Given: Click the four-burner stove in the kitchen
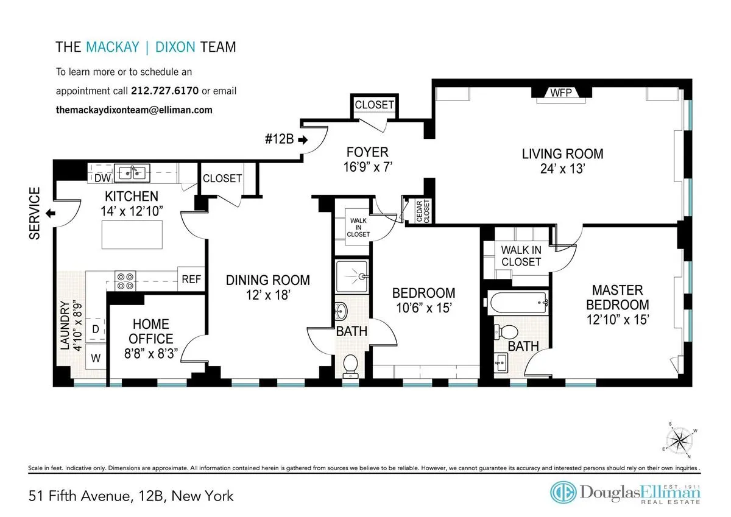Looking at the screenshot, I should [126, 281].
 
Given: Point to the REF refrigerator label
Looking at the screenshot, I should [191, 280].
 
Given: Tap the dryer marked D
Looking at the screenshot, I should [96, 329].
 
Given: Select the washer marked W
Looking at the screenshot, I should [96, 358].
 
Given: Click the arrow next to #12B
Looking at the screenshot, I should [303, 139].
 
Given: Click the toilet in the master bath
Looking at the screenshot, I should [505, 332].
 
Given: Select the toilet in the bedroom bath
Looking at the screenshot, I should [350, 365].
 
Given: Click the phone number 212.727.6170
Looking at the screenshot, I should [164, 91].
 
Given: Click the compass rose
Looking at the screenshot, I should [678, 440].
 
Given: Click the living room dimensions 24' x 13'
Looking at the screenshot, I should [562, 170].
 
